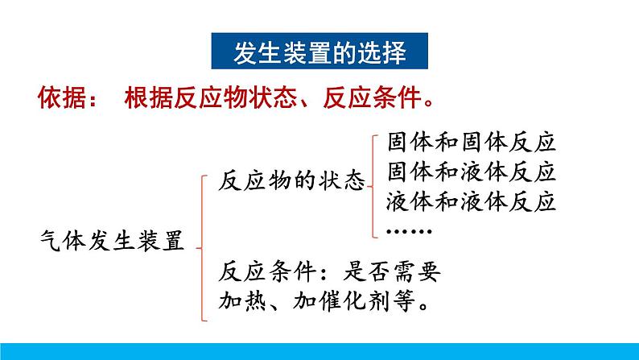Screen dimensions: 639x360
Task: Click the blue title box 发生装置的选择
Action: pos(319,51)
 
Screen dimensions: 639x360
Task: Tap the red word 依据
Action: pos(62,97)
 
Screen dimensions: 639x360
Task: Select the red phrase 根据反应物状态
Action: pos(211,97)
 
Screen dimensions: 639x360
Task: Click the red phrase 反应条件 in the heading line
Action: pos(372,97)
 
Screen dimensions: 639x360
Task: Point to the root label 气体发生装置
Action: pos(112,241)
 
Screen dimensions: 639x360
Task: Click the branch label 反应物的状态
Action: pos(291,180)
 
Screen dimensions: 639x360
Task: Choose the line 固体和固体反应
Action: pos(472,143)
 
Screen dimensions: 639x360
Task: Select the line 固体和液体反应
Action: pos(472,172)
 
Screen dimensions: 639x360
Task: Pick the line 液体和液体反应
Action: pos(472,201)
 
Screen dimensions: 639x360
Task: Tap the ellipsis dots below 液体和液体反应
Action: pos(409,232)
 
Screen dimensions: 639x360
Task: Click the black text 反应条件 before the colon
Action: pos(267,271)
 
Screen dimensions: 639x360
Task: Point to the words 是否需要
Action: pos(392,271)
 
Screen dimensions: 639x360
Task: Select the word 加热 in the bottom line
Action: pos(242,301)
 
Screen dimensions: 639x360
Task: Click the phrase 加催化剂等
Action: pos(354,301)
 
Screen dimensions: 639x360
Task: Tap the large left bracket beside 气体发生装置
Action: pos(202,248)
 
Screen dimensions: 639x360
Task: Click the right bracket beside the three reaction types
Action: pos(373,186)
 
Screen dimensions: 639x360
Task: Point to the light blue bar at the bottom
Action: pos(319,351)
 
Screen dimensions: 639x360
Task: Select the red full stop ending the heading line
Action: pos(428,103)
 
